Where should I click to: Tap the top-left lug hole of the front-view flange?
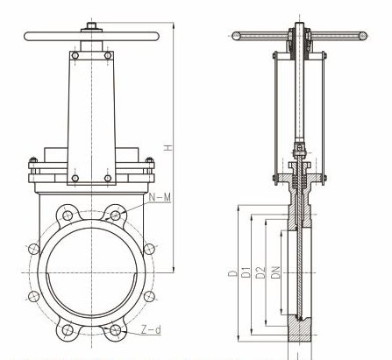click(65, 214)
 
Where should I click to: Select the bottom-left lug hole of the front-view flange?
click(65, 331)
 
